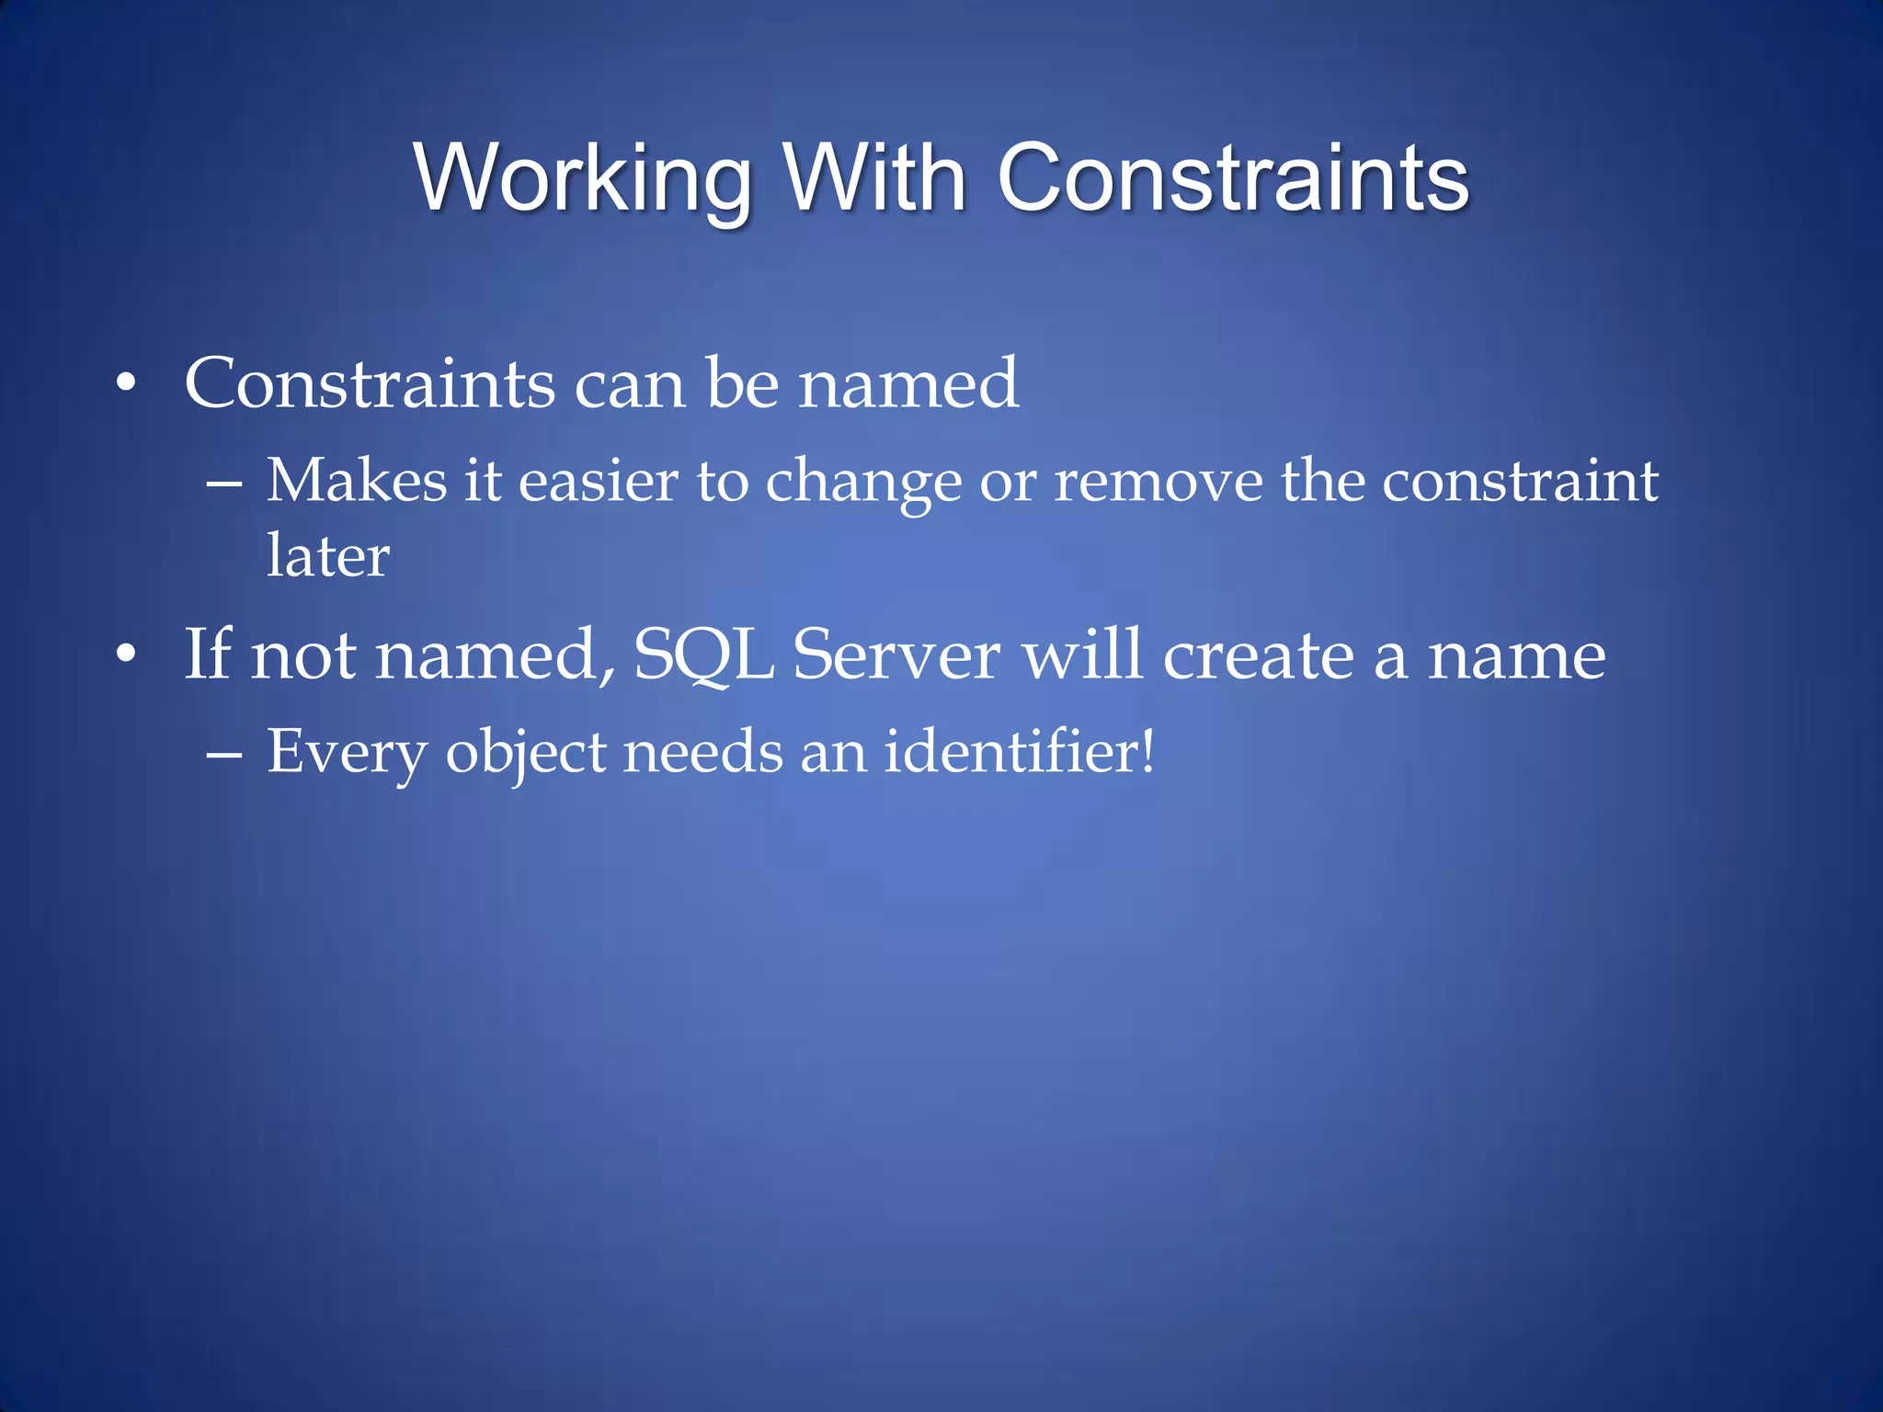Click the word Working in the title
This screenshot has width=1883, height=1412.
tap(583, 179)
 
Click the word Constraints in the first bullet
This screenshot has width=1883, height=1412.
tap(370, 383)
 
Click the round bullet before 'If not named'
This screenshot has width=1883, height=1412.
tap(127, 654)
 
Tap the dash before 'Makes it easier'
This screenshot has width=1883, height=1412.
tap(224, 482)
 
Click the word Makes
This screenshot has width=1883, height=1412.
tap(357, 481)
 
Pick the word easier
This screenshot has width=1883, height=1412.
tap(599, 481)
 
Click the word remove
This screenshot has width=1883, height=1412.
tap(1158, 481)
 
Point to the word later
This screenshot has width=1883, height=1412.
tap(328, 556)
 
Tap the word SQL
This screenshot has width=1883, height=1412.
tap(703, 655)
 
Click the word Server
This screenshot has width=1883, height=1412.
tap(896, 655)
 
